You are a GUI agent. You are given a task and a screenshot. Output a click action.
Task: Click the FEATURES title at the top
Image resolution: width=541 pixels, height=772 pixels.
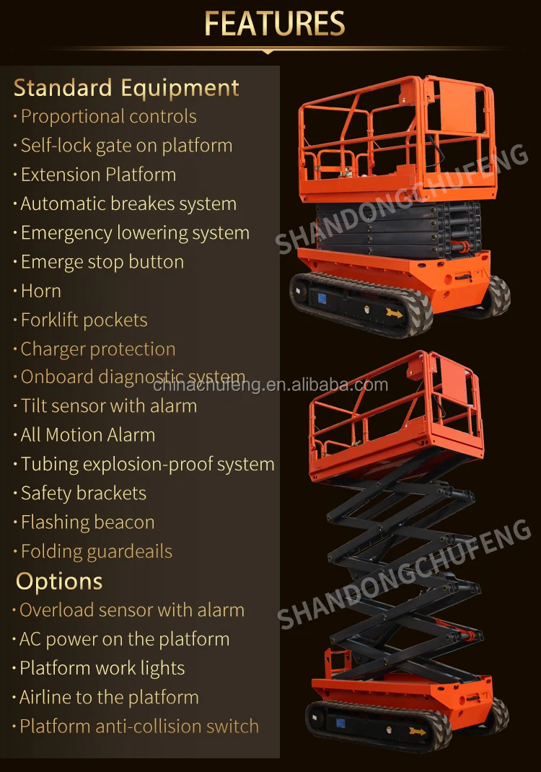click(x=274, y=23)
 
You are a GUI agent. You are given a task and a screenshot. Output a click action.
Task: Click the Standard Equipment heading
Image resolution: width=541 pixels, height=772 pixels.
click(x=126, y=88)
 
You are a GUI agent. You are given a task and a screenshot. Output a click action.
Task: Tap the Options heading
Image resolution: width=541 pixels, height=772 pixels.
click(x=59, y=582)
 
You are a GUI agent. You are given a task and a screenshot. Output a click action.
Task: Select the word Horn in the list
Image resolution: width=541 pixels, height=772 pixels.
click(x=40, y=291)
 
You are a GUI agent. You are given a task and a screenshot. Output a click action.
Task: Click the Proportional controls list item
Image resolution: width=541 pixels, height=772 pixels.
click(x=108, y=117)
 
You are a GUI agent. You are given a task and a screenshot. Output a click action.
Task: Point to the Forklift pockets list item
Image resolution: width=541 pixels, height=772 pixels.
click(x=84, y=320)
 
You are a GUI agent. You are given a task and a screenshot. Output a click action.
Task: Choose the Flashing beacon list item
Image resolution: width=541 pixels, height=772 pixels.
click(x=87, y=522)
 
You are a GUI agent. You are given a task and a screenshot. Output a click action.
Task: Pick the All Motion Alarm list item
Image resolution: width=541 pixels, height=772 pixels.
click(x=87, y=435)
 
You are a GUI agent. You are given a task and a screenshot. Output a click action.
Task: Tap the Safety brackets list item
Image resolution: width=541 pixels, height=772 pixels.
click(x=83, y=494)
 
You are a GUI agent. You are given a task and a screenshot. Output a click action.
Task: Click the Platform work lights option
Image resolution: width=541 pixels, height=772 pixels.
click(x=102, y=668)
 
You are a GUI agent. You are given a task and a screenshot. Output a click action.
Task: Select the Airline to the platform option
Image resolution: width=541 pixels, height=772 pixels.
click(x=108, y=698)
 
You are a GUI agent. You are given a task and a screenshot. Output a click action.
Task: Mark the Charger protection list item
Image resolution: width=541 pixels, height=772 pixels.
click(x=97, y=349)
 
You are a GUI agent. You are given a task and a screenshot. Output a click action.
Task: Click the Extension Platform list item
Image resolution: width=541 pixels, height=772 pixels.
click(x=98, y=175)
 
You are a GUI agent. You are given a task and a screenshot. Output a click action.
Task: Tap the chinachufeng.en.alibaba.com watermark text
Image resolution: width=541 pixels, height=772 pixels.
click(x=270, y=385)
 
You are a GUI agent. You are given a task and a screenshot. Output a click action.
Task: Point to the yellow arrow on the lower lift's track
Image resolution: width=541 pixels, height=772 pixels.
click(x=416, y=731)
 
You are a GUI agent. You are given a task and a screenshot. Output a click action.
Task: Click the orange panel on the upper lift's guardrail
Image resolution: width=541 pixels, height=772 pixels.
click(x=465, y=108)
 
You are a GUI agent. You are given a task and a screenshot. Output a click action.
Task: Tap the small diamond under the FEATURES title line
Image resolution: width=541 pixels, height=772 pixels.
click(x=268, y=52)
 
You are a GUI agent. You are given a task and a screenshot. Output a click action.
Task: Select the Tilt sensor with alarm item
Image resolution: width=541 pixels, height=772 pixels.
click(x=108, y=406)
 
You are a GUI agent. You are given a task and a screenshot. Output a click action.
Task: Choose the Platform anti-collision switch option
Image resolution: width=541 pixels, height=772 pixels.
click(x=138, y=727)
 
